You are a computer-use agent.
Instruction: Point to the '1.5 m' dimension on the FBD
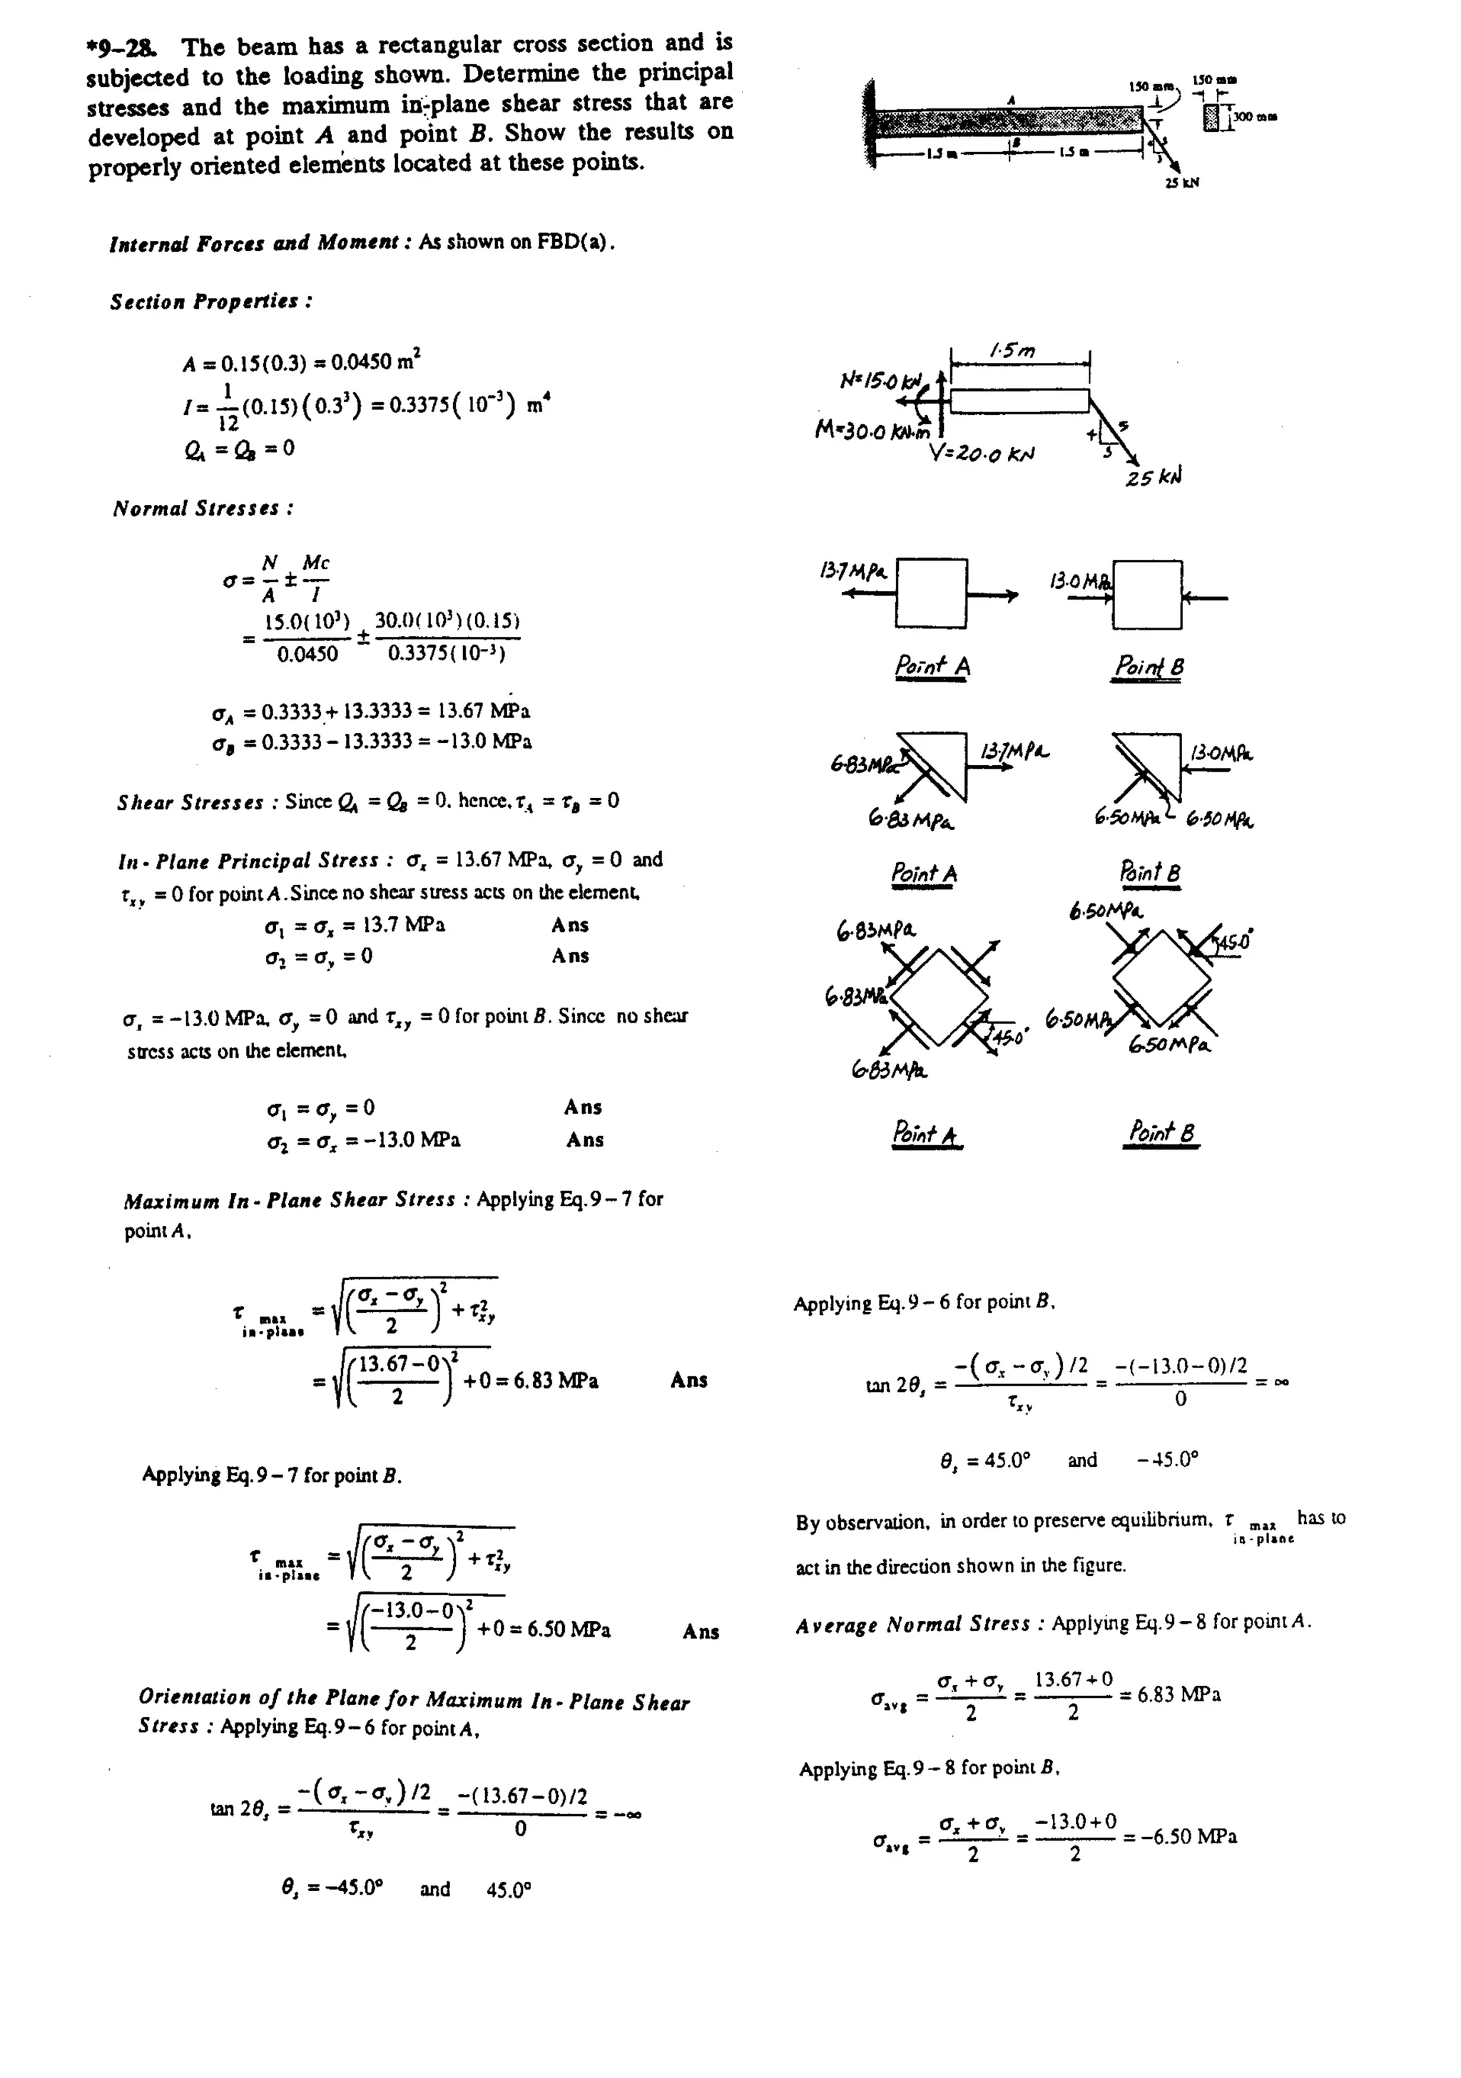tap(1013, 349)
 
